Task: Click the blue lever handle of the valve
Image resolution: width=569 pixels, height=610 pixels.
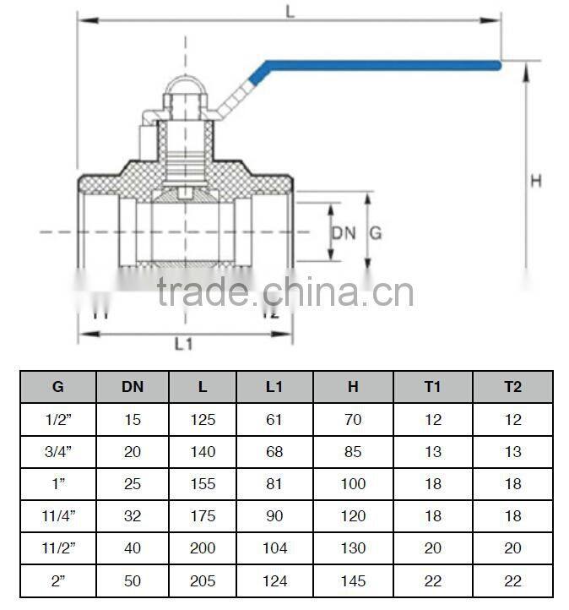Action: click(380, 65)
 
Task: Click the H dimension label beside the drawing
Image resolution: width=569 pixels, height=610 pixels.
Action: click(535, 181)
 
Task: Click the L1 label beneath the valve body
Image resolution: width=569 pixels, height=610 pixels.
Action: click(184, 345)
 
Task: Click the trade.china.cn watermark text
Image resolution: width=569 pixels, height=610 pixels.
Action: click(284, 292)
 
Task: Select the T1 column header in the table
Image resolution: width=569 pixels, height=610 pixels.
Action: click(432, 387)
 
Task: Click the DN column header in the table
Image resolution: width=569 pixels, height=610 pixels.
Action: click(133, 387)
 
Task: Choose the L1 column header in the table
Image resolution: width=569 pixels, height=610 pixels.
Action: click(274, 387)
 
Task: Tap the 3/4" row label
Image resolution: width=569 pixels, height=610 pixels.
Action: click(58, 452)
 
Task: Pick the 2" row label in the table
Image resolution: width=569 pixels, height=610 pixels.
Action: click(58, 581)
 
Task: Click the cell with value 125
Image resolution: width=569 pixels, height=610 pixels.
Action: click(203, 420)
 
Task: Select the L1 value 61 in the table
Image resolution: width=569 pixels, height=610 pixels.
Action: click(274, 420)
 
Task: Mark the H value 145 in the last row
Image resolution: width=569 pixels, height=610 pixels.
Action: click(353, 581)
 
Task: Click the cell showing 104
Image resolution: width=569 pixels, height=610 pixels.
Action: click(274, 548)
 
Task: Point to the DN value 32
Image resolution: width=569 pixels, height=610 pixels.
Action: click(133, 516)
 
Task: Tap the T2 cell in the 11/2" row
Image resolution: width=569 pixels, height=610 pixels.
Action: click(512, 548)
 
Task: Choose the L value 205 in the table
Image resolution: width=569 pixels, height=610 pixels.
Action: click(203, 581)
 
